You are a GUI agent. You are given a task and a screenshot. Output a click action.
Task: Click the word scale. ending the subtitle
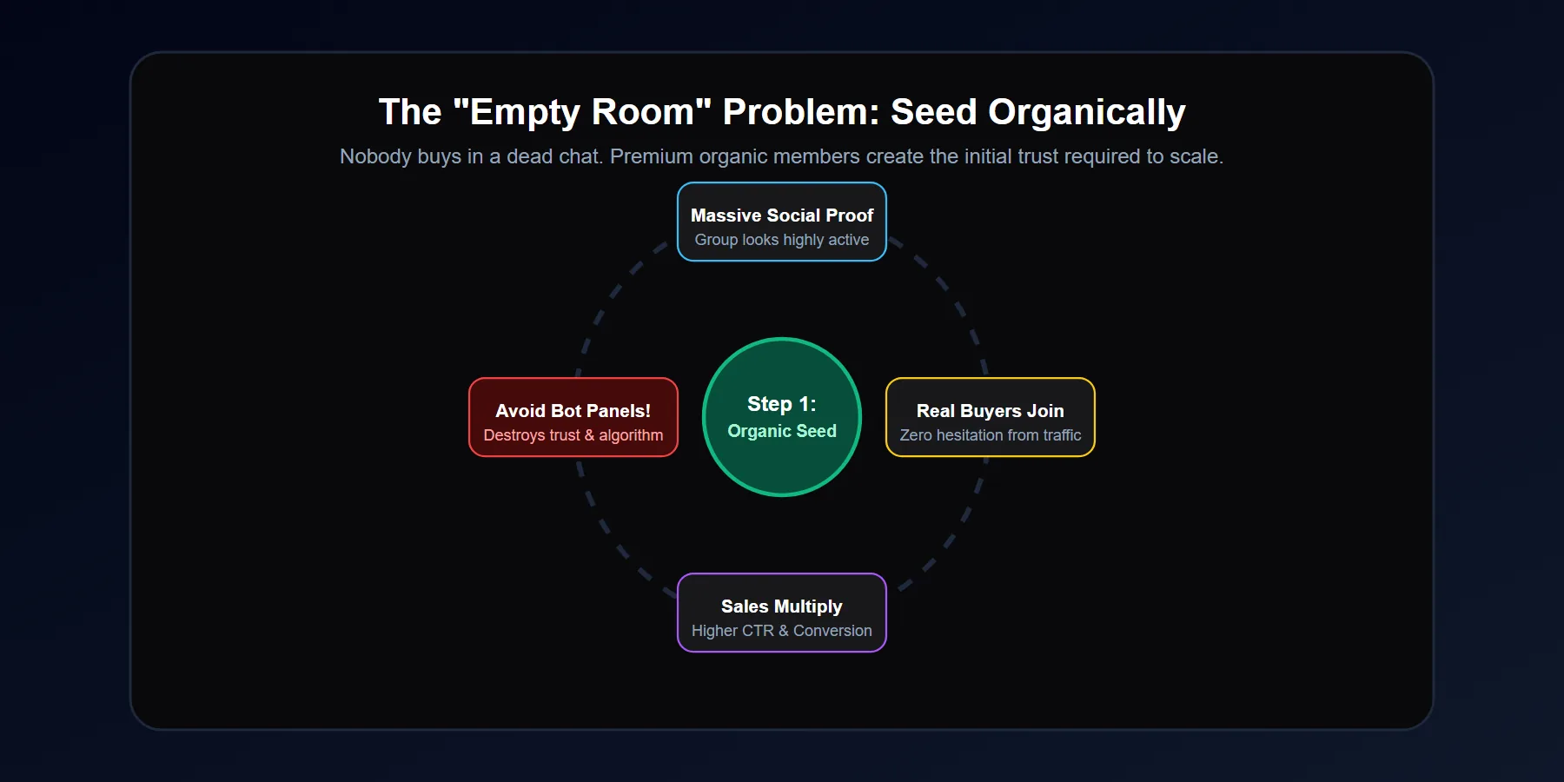[x=1196, y=156]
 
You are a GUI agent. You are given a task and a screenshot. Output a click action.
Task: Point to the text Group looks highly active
[x=782, y=240]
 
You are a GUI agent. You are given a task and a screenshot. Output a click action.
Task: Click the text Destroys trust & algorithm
[x=573, y=435]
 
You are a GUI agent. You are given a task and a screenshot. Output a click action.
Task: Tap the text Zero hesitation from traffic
[x=991, y=435]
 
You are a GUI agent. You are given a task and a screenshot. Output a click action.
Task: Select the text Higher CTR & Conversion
[x=782, y=631]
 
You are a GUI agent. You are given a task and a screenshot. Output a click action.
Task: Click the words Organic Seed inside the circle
[x=782, y=431]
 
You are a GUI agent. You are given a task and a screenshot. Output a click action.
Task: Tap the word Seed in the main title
[x=934, y=112]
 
